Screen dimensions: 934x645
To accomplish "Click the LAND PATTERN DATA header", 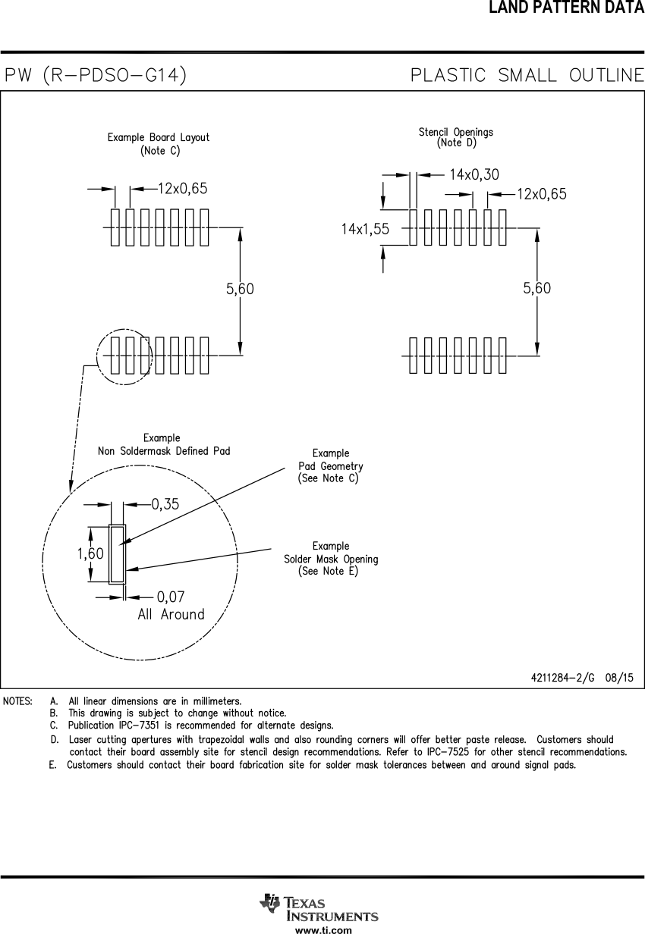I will click(x=566, y=8).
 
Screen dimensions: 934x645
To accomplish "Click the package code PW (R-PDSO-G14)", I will click(x=96, y=75).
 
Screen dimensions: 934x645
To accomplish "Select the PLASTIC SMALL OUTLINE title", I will click(x=527, y=75).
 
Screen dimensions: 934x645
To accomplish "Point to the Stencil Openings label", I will click(x=455, y=137).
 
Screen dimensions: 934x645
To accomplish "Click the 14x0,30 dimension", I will click(x=474, y=174).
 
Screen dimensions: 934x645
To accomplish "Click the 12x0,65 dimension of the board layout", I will click(x=182, y=189).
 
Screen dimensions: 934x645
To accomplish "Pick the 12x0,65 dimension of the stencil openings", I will click(x=542, y=194).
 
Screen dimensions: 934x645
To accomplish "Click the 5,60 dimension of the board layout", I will click(x=240, y=289).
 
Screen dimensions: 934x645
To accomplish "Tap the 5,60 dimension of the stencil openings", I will click(x=537, y=288).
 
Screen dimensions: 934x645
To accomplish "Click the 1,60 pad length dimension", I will click(x=90, y=554).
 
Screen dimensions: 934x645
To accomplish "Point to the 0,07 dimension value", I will click(x=171, y=597).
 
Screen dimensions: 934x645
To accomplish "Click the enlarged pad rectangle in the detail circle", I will click(x=117, y=554).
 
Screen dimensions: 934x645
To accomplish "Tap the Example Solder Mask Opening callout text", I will click(x=331, y=559).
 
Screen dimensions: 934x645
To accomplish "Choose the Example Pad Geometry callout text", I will click(x=330, y=466).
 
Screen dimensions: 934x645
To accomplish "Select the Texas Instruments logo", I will click(x=319, y=907).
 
